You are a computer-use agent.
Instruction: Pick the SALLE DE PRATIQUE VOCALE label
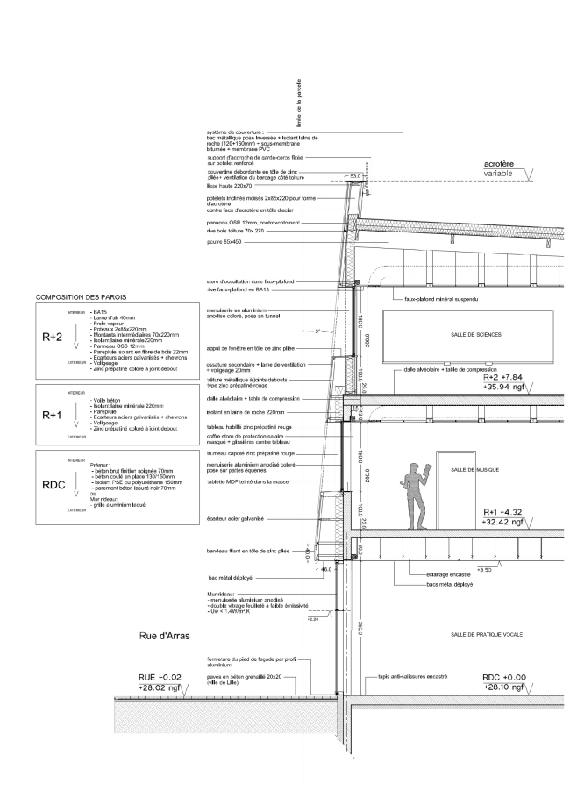[481, 633]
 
